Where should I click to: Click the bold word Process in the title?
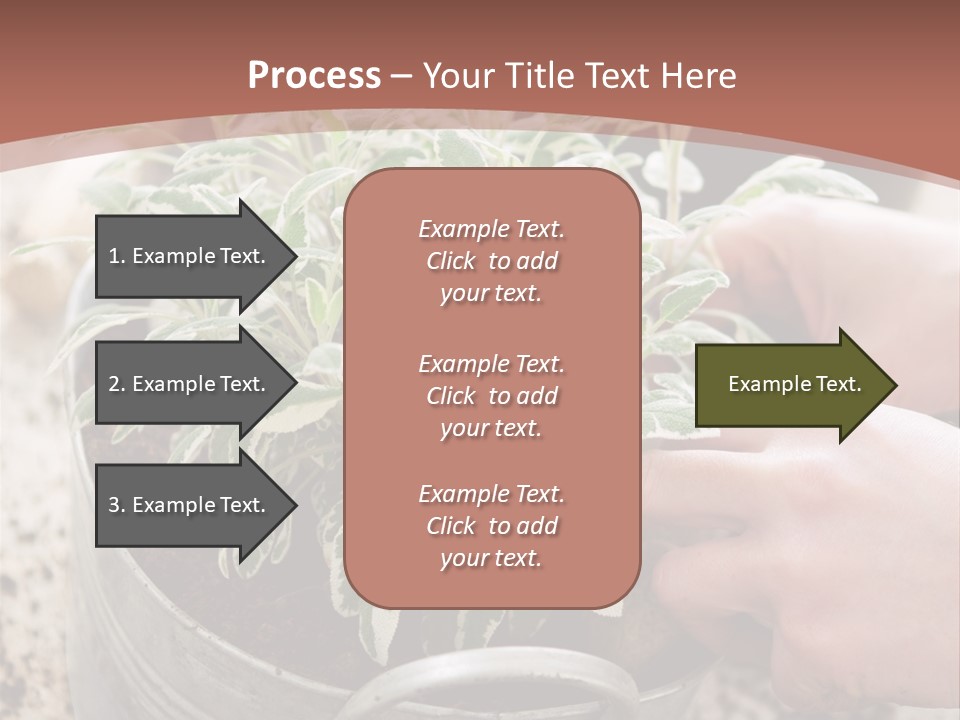(314, 75)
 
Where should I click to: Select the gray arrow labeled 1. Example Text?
(190, 256)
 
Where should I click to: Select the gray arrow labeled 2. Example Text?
(190, 384)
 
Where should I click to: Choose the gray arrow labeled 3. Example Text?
(190, 505)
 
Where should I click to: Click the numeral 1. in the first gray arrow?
(117, 256)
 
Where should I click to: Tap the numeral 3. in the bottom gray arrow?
(117, 505)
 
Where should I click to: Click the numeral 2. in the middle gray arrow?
(117, 384)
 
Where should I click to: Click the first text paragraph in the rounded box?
(491, 261)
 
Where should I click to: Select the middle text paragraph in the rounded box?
(491, 396)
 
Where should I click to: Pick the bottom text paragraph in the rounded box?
(491, 526)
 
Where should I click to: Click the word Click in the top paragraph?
(451, 261)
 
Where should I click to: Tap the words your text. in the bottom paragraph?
(491, 558)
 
